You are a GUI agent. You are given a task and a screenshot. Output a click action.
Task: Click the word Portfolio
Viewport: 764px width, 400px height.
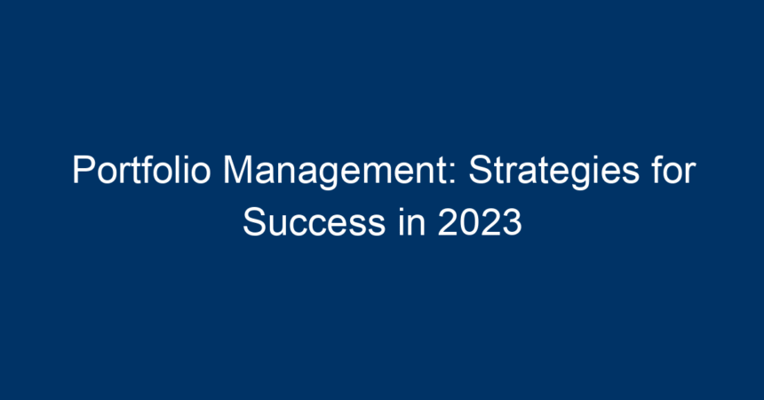[142, 170]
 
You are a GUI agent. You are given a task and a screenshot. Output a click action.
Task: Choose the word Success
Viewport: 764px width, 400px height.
[314, 222]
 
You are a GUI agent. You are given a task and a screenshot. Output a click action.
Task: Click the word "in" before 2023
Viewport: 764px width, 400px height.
[411, 222]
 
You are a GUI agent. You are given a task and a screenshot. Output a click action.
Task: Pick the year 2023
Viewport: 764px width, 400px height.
[480, 222]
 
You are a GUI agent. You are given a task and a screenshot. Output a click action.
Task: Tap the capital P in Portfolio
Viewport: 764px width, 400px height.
[84, 170]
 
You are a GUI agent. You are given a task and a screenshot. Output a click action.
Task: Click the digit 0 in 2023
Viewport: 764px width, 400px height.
[469, 222]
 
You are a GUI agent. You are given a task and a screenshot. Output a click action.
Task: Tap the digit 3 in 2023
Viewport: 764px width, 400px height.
[512, 222]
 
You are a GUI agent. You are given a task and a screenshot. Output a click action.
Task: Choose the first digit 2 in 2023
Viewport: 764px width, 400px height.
[448, 222]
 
